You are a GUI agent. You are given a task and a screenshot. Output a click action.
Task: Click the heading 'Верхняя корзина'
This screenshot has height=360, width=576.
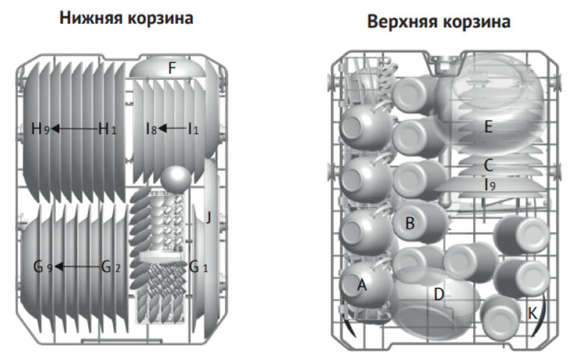[439, 22]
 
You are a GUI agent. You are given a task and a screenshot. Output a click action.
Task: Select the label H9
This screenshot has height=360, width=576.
[40, 129]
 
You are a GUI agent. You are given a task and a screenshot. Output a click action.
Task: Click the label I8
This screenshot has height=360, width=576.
[152, 129]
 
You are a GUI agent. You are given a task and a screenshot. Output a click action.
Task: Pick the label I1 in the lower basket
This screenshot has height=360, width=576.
[194, 129]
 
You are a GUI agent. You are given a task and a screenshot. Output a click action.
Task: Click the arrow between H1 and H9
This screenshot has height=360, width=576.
[74, 129]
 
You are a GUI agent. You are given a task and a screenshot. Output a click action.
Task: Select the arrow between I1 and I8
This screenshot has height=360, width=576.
[172, 129]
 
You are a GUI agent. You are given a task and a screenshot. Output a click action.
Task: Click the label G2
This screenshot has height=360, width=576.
[111, 266]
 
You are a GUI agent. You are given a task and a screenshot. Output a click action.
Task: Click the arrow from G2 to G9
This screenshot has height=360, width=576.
[78, 266]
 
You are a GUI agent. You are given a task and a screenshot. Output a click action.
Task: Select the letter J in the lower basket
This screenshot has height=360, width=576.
[209, 218]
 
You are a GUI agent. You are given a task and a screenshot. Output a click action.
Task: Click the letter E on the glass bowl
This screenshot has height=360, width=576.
[488, 126]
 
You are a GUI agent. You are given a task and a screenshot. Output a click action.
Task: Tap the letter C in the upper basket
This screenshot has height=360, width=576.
[488, 165]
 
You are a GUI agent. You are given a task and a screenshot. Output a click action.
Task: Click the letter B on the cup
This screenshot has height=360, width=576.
[409, 222]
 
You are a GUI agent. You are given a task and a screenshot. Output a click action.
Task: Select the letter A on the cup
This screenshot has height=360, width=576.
[363, 284]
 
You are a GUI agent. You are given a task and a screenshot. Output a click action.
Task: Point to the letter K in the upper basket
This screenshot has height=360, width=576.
[532, 313]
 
